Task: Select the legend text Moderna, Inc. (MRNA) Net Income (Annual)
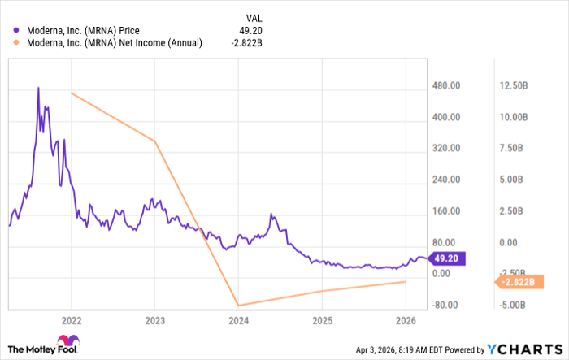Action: click(x=115, y=43)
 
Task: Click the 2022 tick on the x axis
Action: click(x=71, y=319)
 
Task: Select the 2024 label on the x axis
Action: click(x=238, y=319)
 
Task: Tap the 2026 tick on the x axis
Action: click(x=406, y=319)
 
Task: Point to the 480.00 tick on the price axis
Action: click(x=446, y=85)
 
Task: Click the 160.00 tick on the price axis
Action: click(x=446, y=211)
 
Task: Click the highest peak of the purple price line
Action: click(x=38, y=87)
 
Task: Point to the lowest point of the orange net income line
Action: click(x=238, y=306)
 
